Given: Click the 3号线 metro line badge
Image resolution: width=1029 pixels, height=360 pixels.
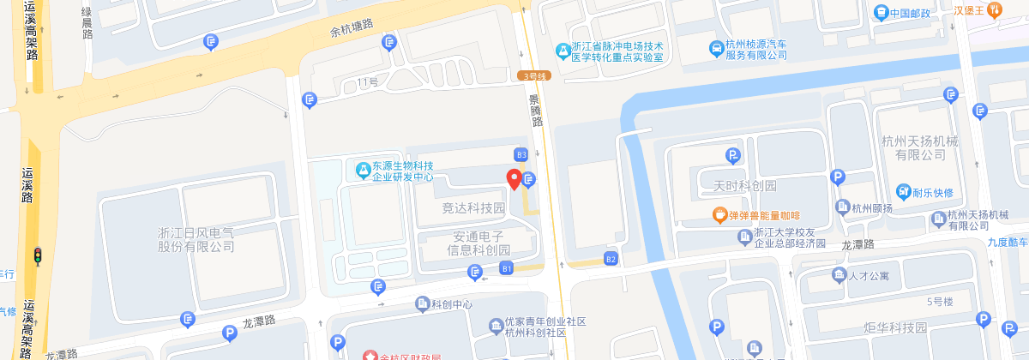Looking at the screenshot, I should pos(535,75).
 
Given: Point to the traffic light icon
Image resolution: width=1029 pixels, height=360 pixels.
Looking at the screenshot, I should pos(38,255).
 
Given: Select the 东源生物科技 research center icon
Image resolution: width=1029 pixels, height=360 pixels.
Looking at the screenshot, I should pos(364,171).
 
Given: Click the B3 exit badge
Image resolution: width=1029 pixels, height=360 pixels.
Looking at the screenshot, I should pos(521,154).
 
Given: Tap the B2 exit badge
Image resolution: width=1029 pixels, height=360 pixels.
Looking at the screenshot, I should pos(611,259).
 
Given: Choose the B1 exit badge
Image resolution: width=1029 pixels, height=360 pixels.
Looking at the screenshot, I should pos(507,269).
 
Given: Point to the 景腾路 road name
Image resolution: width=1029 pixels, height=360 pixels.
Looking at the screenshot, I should pos(537,110).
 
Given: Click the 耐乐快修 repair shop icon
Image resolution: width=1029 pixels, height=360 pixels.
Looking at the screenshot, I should pos(904,191).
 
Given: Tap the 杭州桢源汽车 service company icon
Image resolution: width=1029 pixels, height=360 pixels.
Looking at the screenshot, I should pos(715,49).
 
